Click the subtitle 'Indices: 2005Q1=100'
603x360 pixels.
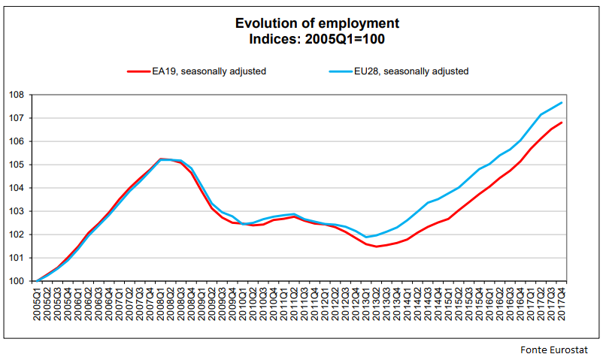point(301,38)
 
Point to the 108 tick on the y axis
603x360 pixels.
point(17,95)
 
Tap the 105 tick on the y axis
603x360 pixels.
point(17,165)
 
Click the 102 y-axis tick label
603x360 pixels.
point(17,234)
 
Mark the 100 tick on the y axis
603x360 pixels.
point(17,281)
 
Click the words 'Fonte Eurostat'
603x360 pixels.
point(553,350)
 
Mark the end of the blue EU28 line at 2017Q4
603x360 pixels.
point(562,102)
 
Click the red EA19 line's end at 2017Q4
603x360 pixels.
point(562,123)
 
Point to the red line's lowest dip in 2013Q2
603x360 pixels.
point(377,247)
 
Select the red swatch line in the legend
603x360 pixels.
point(138,71)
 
